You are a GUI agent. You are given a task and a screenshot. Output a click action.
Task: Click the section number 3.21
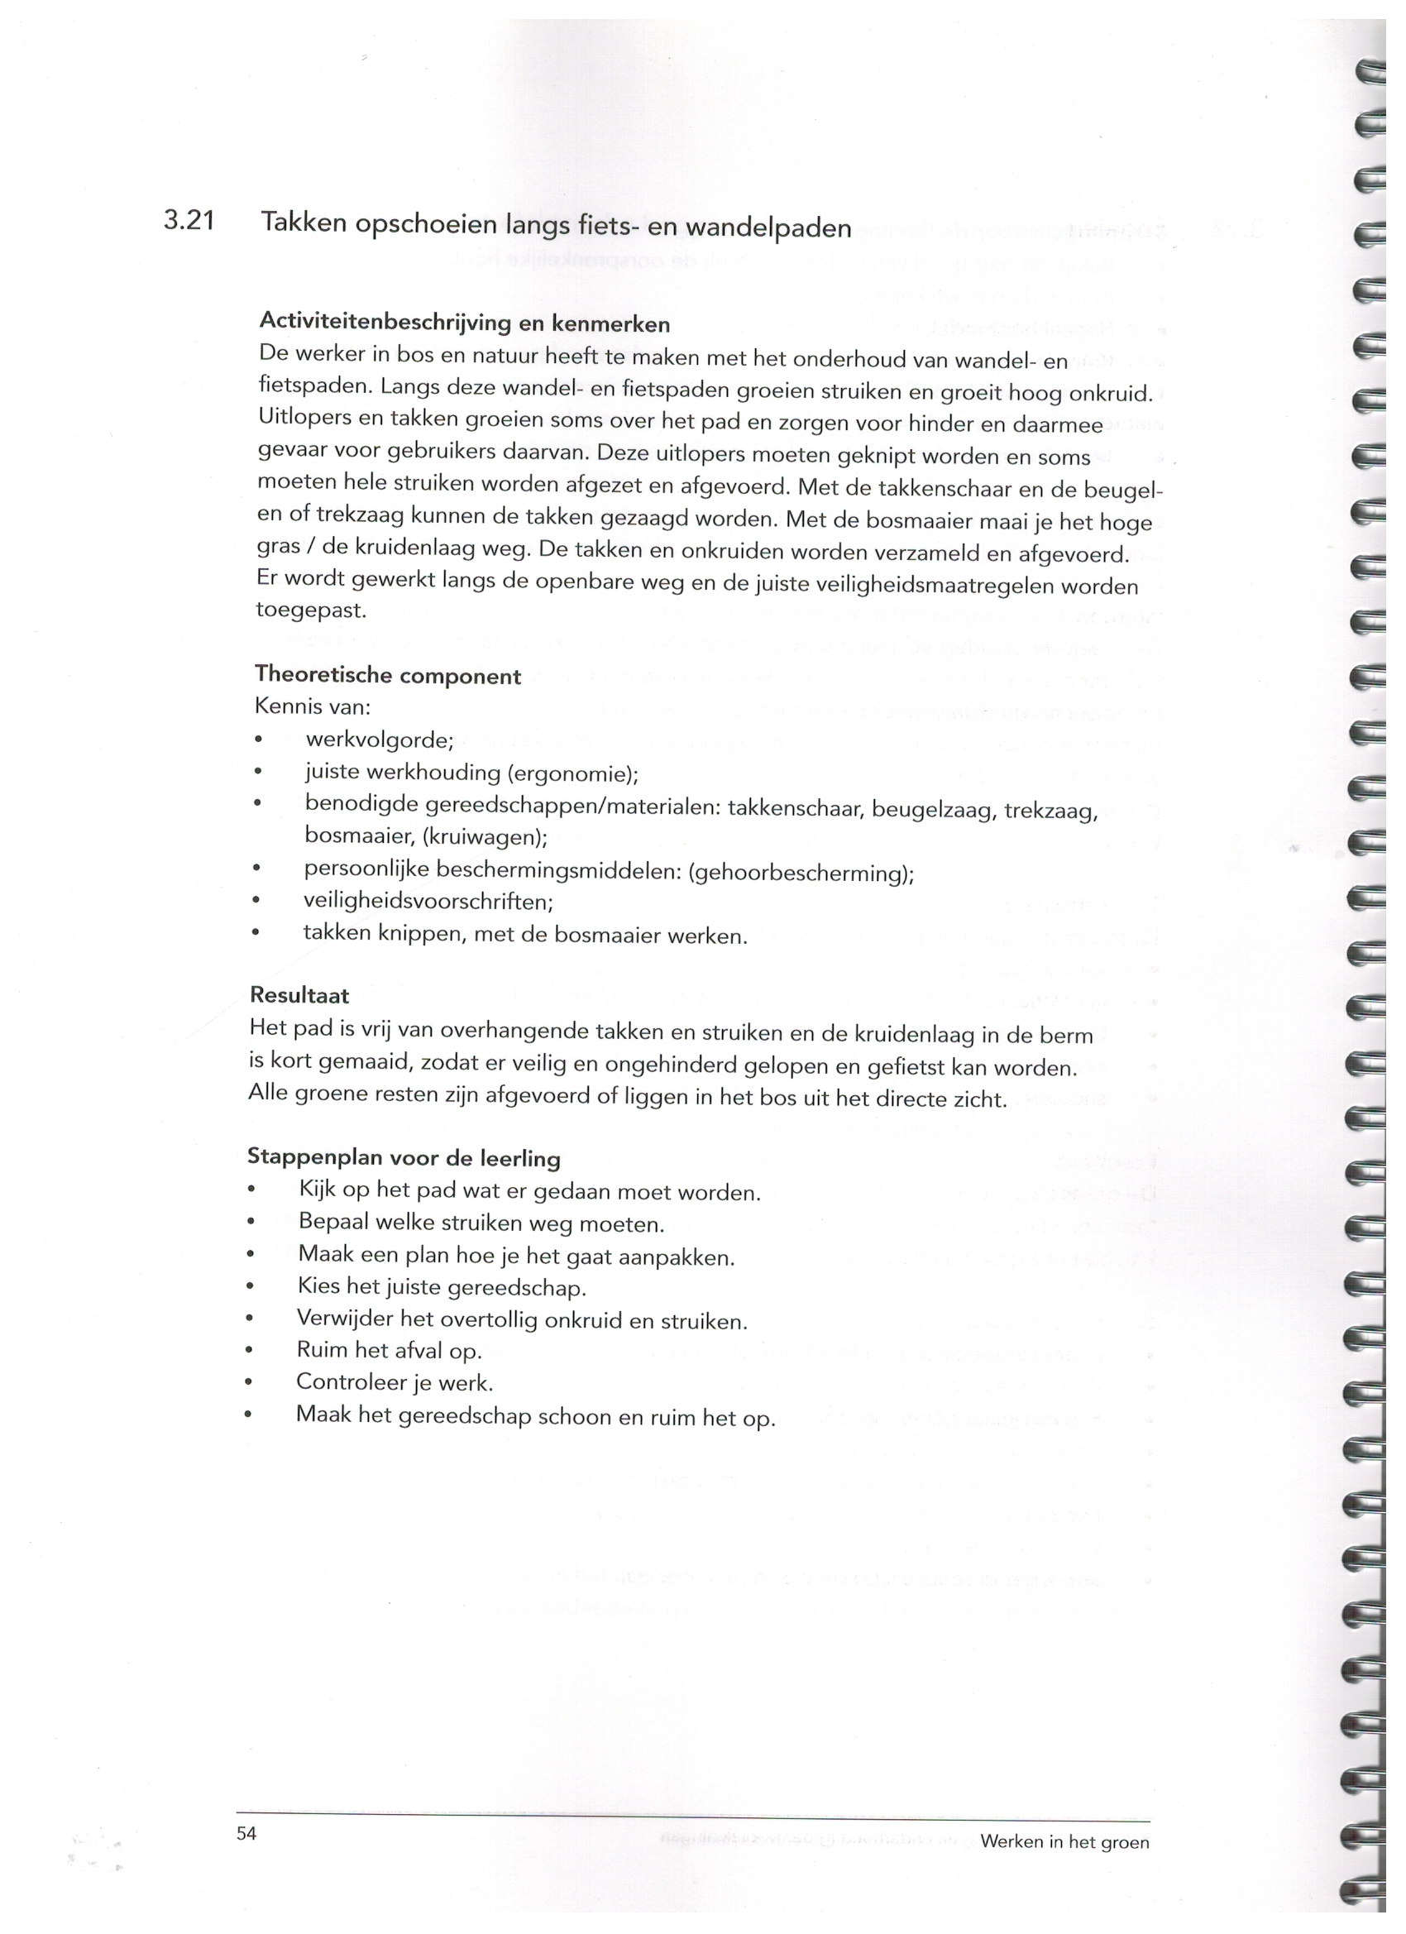tap(189, 221)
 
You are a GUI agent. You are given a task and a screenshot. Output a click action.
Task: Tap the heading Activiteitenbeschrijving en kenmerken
tap(464, 323)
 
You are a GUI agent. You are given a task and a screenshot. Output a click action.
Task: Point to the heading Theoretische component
tap(387, 675)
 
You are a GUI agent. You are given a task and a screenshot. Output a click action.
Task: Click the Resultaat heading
tap(299, 994)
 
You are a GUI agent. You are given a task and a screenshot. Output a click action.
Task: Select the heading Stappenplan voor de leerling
tap(404, 1157)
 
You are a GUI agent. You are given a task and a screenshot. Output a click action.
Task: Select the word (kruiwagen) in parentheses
tap(484, 837)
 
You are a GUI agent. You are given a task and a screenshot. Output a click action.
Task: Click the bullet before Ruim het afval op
tap(249, 1351)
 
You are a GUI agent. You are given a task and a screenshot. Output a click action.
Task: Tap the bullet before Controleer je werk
tap(248, 1382)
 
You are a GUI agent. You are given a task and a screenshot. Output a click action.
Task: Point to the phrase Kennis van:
tap(312, 707)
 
